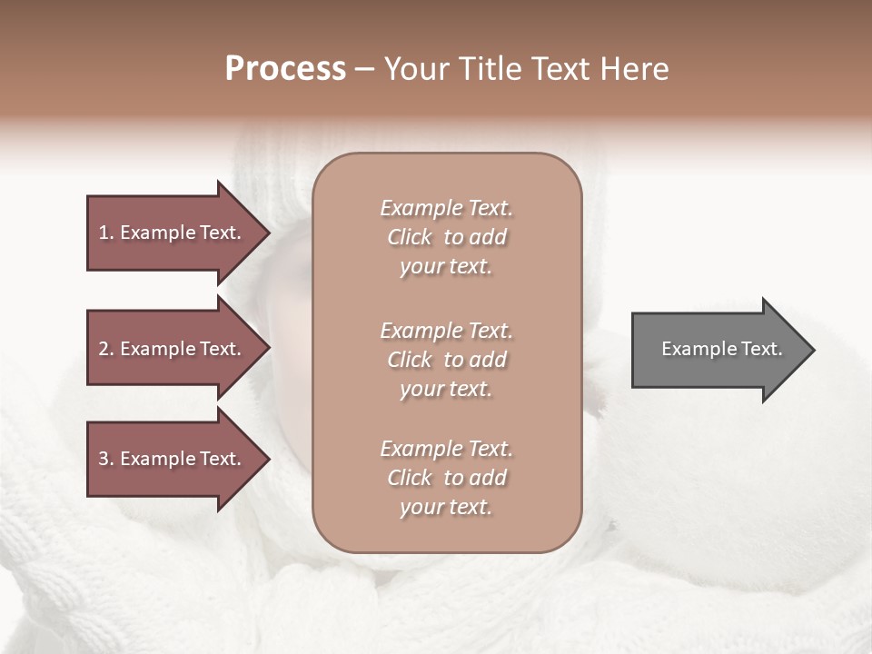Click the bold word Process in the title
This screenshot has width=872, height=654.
click(285, 69)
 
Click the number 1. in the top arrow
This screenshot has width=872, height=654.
click(106, 233)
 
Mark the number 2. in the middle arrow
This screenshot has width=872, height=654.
click(106, 349)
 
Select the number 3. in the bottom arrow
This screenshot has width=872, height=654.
click(106, 459)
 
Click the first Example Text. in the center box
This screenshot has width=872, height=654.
click(446, 208)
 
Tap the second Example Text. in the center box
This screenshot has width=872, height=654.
click(446, 331)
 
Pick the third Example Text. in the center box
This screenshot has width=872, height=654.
click(446, 449)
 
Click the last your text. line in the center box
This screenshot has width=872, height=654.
click(446, 507)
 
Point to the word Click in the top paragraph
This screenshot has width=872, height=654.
click(410, 237)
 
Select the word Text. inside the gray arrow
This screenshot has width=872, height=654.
click(752, 349)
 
